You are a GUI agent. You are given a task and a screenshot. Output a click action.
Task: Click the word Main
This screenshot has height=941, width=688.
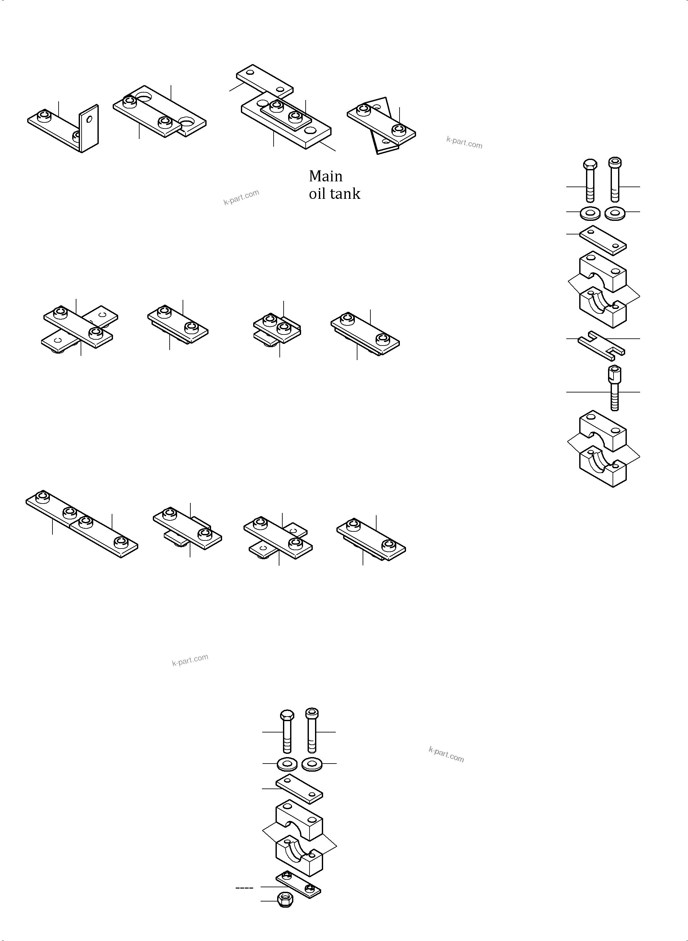[x=325, y=176]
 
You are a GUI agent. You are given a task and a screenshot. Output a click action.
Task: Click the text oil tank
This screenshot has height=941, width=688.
[x=334, y=194]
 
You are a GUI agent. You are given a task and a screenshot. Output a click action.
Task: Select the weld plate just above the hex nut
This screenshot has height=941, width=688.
[x=298, y=885]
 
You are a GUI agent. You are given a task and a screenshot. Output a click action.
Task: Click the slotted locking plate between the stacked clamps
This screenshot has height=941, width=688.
[x=601, y=345]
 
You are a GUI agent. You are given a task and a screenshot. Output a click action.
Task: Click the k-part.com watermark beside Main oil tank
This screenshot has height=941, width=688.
[x=241, y=197]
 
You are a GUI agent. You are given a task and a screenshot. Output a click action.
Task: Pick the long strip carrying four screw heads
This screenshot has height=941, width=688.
[x=82, y=524]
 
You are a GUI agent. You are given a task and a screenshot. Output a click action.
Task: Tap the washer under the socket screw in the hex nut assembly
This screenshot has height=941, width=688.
[x=311, y=764]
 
